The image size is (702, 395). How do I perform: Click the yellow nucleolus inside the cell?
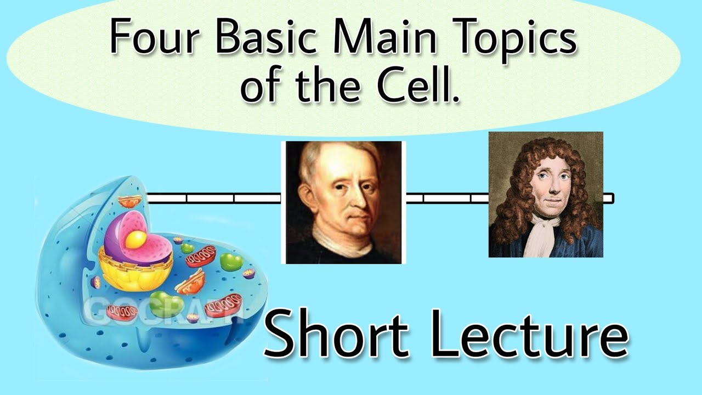tap(135, 239)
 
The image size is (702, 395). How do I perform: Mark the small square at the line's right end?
tap(608, 198)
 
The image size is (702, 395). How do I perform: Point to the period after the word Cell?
tap(455, 99)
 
